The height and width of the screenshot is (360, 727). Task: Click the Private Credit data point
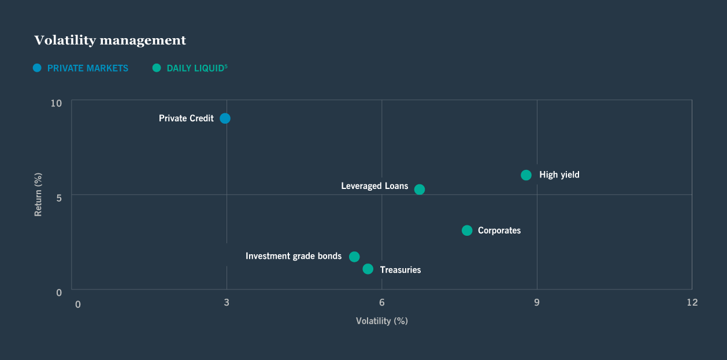pos(225,118)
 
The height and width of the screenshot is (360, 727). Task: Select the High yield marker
pos(526,175)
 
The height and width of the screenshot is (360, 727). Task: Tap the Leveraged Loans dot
pos(420,190)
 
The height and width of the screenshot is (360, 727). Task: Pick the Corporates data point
pos(467,231)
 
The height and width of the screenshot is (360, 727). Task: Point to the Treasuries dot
pos(368,269)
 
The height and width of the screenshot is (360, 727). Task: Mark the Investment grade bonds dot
pos(354,257)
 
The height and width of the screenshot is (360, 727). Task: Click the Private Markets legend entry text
pos(88,68)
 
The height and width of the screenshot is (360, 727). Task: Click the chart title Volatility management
pos(110,40)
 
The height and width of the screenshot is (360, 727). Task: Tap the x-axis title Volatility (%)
pos(382,321)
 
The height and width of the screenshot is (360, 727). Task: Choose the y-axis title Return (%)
pos(38,195)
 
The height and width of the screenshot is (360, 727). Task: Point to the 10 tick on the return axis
pos(56,103)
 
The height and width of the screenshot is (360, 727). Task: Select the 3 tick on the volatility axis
pos(227,303)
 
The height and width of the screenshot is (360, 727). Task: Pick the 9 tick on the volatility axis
pos(537,303)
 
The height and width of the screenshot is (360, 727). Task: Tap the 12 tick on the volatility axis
pos(692,303)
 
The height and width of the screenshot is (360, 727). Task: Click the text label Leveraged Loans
pos(374,186)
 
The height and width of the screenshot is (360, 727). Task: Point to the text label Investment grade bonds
pos(294,256)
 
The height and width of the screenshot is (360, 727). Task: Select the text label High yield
pos(559,175)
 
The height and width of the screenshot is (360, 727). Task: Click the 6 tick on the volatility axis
pos(382,303)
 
